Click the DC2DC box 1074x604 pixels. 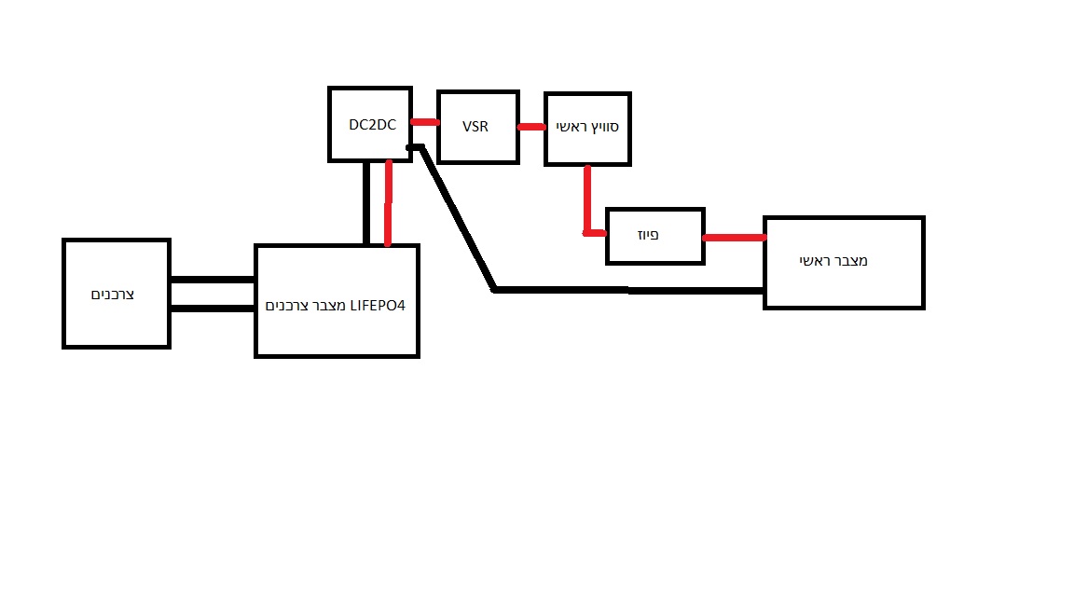(369, 124)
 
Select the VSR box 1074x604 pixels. (476, 127)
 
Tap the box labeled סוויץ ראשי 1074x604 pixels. (587, 129)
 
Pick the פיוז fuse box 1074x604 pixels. (654, 236)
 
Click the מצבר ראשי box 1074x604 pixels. (843, 262)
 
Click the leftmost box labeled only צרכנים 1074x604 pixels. (116, 293)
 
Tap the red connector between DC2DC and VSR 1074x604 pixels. (425, 122)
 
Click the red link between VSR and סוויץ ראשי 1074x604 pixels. (531, 127)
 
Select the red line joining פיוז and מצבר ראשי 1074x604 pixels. (734, 238)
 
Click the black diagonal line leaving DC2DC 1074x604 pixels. (457, 219)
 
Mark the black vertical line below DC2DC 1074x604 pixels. (366, 203)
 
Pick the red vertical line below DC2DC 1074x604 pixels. (387, 203)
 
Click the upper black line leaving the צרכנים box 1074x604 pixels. (213, 279)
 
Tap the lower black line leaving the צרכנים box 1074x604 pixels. (213, 308)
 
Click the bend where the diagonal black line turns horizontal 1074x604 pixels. (495, 290)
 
